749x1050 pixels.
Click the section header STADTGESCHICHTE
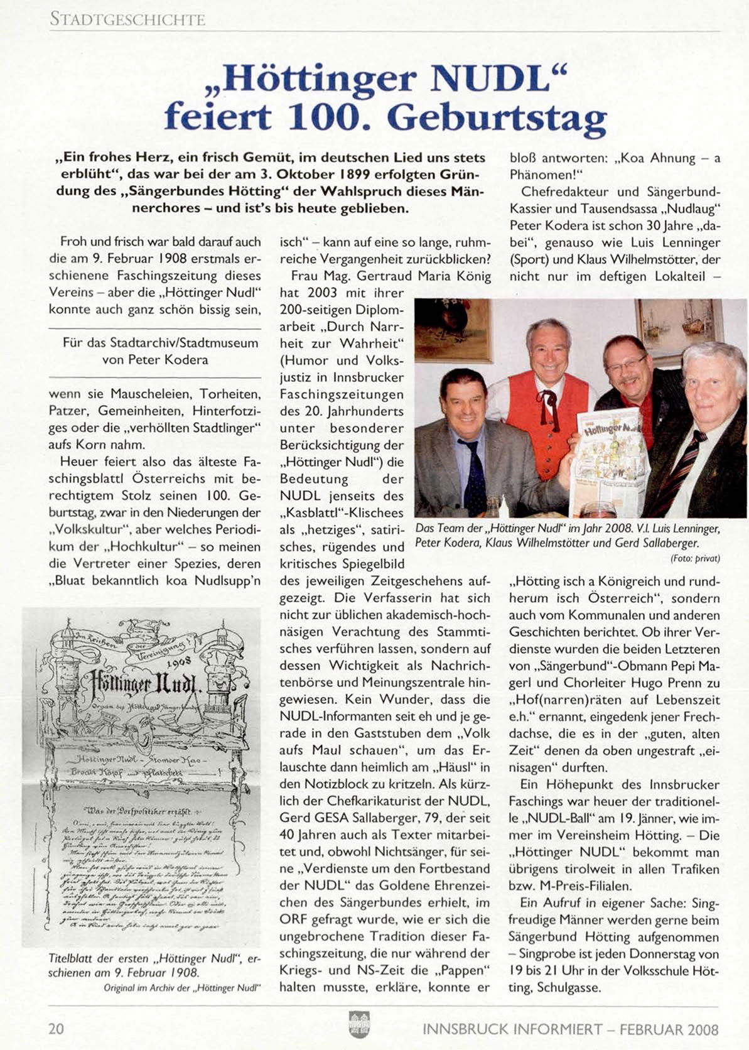(127, 19)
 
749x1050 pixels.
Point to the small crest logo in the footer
(358, 1025)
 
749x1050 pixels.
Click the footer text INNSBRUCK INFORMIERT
(510, 1030)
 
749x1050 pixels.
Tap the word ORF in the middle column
(293, 919)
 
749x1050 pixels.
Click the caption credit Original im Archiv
(181, 987)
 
